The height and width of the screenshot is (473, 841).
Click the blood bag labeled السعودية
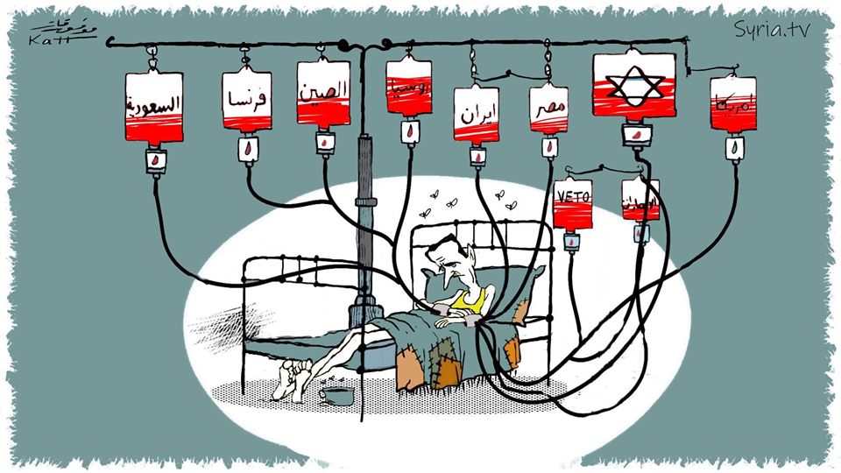click(x=155, y=108)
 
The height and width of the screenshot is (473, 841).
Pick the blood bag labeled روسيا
click(x=409, y=86)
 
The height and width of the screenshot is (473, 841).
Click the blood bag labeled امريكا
click(x=733, y=103)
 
